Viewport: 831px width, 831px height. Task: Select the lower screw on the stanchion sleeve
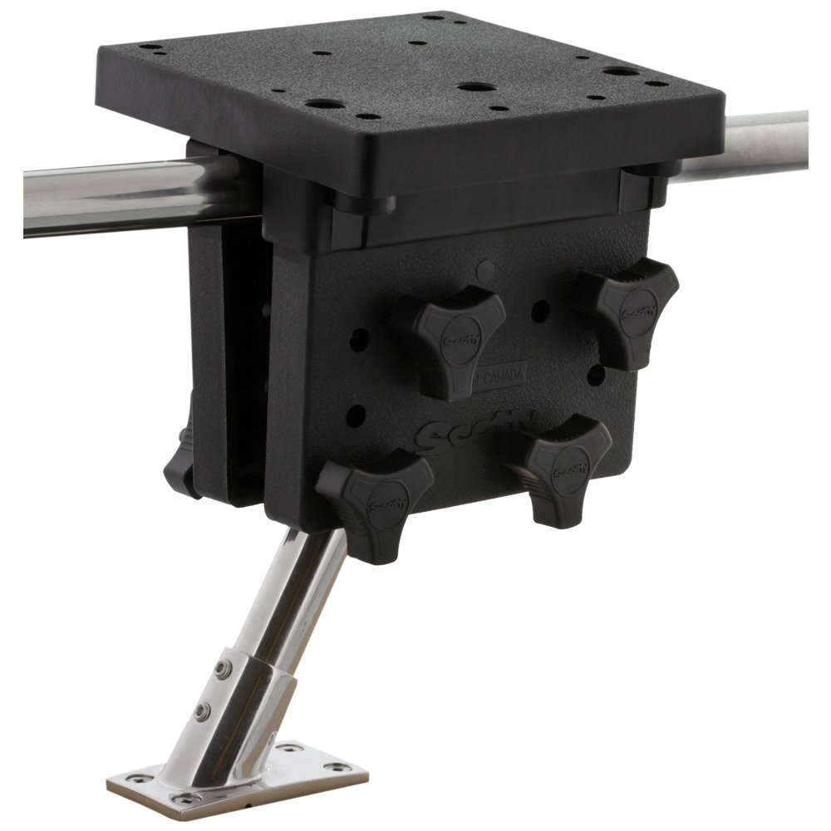pos(202,711)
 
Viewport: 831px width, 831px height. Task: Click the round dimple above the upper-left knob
pos(488,268)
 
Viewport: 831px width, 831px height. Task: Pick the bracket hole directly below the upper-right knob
pos(595,373)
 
